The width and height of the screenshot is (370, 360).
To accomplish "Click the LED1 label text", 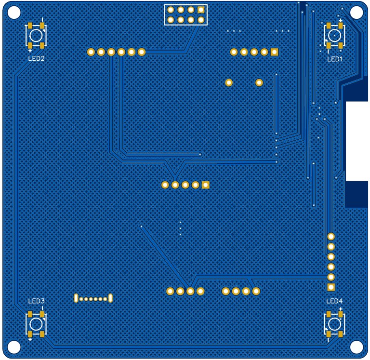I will [334, 59].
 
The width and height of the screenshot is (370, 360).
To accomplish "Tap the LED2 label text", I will [36, 59].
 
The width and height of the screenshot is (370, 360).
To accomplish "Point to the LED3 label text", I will [36, 301].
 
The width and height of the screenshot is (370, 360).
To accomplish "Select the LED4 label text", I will [334, 301].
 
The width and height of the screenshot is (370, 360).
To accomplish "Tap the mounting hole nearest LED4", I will [356, 347].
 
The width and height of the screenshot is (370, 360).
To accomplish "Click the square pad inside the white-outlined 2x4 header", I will [201, 10].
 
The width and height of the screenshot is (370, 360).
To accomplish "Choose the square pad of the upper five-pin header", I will [275, 52].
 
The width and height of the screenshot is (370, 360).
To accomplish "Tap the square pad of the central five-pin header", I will [206, 185].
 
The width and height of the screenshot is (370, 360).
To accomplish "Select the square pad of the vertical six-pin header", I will [331, 287].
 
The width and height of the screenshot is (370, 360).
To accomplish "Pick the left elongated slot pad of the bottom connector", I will [76, 298].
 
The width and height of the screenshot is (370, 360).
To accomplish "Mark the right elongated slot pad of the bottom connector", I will [111, 298].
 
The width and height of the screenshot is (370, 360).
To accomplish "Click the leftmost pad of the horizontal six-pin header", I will [91, 52].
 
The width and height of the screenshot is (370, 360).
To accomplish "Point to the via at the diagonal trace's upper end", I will [141, 227].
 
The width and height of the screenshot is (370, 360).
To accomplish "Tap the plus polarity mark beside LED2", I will [30, 50].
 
